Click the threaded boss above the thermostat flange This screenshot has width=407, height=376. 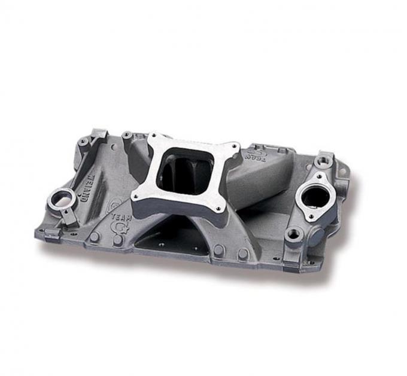324,161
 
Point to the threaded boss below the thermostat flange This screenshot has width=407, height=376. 293,234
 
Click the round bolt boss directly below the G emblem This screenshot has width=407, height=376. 119,239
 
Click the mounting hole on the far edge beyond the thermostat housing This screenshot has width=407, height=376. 343,172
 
